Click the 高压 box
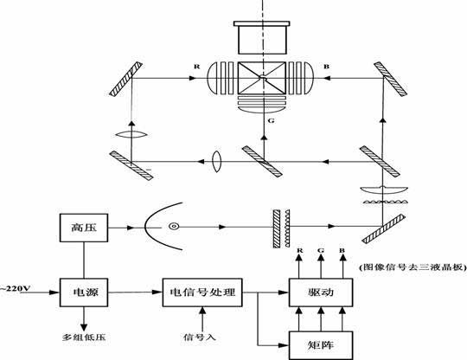pos(84,228)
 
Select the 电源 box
pos(84,292)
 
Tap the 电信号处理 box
pos(202,292)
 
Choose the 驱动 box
pos(321,292)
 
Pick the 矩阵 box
pos(321,345)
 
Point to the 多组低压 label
pos(84,337)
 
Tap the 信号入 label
pos(199,337)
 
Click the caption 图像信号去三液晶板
pos(413,267)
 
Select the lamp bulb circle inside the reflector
pos(174,227)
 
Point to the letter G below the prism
pos(271,120)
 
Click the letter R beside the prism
pos(197,67)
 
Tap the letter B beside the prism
pos(326,67)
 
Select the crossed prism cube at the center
pos(262,78)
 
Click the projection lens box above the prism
pos(262,37)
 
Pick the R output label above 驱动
pos(299,251)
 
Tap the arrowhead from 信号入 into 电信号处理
pos(202,311)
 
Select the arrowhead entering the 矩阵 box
pos(285,345)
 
